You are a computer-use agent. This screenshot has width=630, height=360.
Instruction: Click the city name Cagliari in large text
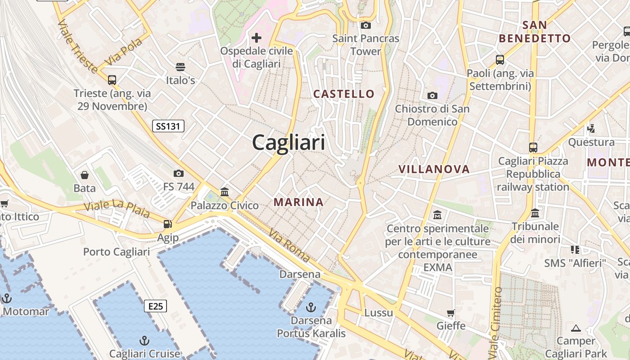(288, 143)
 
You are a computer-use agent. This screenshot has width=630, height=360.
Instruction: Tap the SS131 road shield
(168, 126)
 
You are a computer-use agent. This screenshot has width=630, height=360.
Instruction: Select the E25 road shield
(155, 306)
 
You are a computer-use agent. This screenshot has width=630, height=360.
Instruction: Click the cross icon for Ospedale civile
(256, 37)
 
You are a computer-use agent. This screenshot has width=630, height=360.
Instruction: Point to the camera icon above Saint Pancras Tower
(366, 25)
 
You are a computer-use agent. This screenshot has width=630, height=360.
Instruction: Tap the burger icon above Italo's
(180, 67)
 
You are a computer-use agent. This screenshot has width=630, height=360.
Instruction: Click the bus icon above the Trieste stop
(112, 80)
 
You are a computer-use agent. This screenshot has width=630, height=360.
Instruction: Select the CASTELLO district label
(344, 94)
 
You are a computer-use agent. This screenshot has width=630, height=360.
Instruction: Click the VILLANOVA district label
(434, 169)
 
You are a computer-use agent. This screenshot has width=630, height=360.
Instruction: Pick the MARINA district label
(299, 202)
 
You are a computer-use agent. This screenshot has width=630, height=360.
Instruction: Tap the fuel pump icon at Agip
(168, 224)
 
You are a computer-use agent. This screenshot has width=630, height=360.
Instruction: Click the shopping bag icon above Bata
(85, 175)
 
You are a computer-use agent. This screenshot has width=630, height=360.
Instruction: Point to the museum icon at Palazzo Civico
(225, 192)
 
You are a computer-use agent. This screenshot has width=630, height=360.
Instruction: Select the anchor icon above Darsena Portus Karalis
(310, 307)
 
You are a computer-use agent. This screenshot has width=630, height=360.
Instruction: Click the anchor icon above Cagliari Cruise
(144, 340)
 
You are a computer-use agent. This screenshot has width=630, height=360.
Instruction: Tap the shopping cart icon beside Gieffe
(450, 313)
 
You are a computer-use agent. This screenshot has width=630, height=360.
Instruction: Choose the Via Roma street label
(289, 246)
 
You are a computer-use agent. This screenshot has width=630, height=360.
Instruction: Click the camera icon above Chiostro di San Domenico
(432, 95)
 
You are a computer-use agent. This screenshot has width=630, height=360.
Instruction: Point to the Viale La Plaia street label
(117, 209)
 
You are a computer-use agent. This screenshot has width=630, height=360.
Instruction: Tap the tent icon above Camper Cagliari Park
(576, 328)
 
